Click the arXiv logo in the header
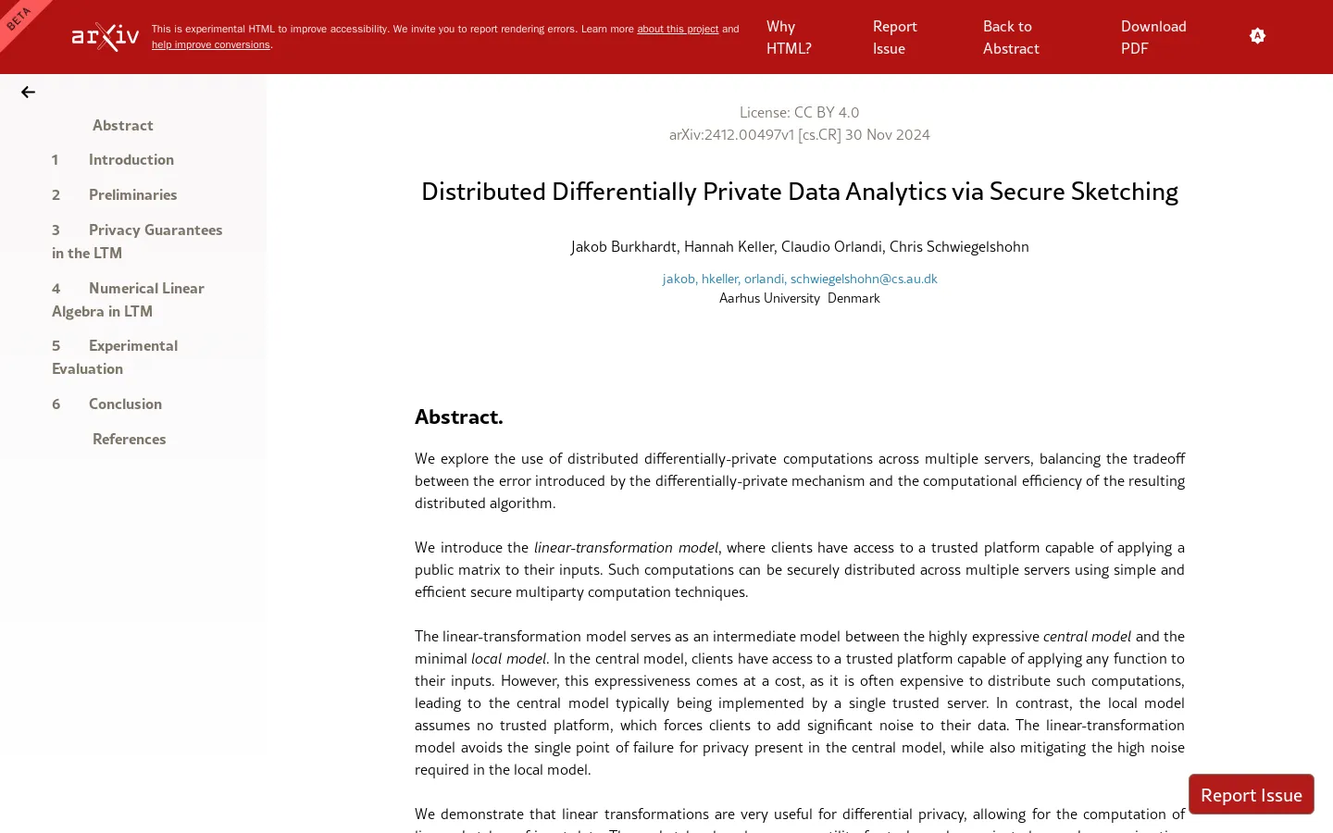coord(106,37)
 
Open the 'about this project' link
coord(677,29)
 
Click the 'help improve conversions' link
coord(211,44)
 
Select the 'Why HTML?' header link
coord(788,37)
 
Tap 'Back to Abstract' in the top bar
coord(1010,37)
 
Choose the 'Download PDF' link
coord(1152,37)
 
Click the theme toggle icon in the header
coord(1257,36)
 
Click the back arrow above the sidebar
coord(28,92)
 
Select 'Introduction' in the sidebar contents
coord(131,159)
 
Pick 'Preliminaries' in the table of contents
coord(132,194)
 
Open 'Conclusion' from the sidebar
coord(125,404)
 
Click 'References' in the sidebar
coord(129,439)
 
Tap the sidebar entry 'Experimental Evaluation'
coord(115,356)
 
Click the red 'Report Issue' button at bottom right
coord(1251,794)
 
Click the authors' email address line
coord(800,279)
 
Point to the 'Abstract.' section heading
coord(458,416)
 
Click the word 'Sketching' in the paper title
coord(1124,192)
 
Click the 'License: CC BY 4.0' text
coord(799,112)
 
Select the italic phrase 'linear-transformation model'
coord(626,547)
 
